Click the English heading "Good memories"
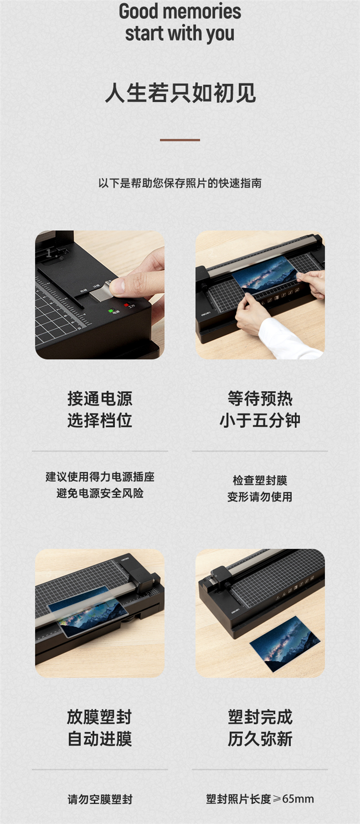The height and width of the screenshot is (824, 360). [x=180, y=11]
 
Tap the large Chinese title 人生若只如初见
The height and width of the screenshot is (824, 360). [x=180, y=93]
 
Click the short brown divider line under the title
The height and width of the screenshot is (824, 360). [x=180, y=140]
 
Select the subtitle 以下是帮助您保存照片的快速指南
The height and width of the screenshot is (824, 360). [x=180, y=183]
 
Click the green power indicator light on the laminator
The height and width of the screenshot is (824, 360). [x=111, y=311]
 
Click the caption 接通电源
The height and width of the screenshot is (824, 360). [x=100, y=398]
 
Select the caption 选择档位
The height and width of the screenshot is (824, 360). [x=100, y=420]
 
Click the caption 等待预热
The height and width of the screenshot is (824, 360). [x=260, y=398]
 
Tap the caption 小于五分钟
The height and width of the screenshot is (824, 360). [x=260, y=420]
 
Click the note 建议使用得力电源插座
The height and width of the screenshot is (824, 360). [x=100, y=477]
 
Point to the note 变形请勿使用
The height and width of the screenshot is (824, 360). [x=260, y=497]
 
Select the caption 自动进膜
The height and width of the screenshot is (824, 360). [x=100, y=739]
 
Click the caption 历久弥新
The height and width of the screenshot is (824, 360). [x=260, y=739]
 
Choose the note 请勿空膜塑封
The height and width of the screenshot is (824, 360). [x=100, y=799]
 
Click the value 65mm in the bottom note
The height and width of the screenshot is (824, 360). [x=298, y=799]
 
